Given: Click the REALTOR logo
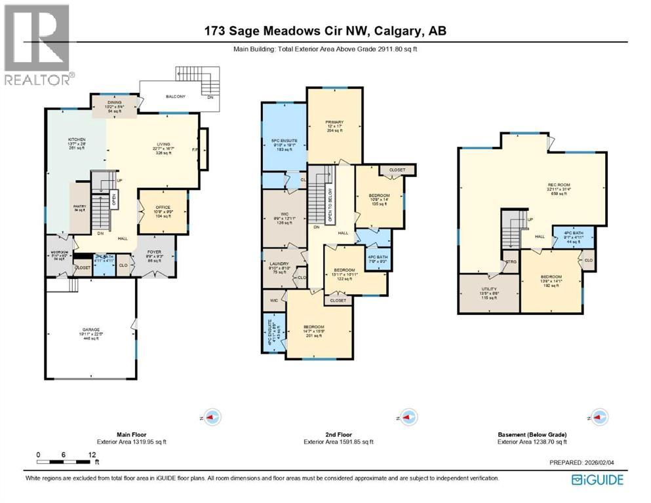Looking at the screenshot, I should (37, 44).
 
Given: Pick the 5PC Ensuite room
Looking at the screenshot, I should (283, 137).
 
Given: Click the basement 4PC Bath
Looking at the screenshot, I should (574, 236).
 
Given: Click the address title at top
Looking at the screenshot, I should (325, 31).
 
